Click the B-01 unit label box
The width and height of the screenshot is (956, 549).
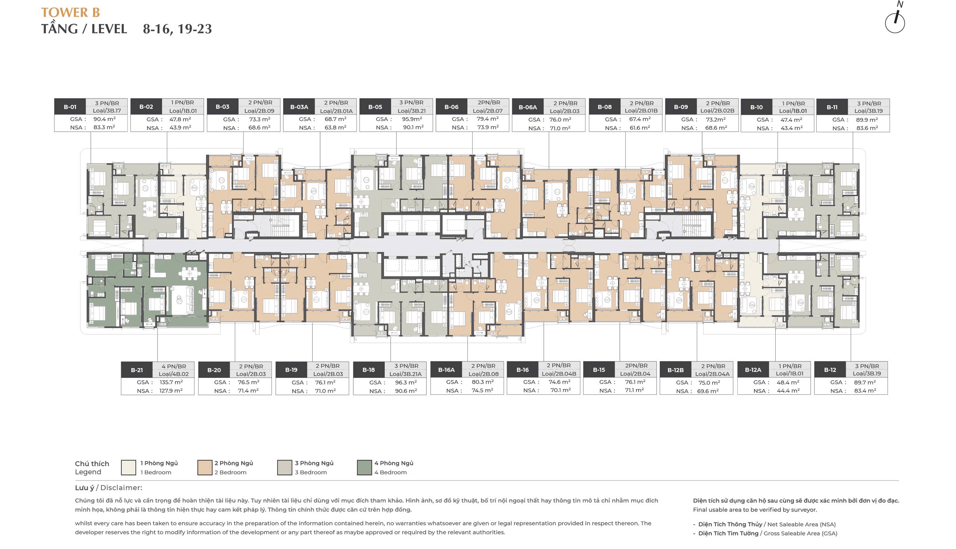[70, 107]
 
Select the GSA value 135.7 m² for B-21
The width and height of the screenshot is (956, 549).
[171, 382]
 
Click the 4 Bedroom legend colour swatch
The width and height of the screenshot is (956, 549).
[364, 468]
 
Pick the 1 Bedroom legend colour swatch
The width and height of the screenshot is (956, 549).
[128, 468]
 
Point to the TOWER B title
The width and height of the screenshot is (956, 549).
[71, 12]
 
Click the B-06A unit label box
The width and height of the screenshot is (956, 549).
[527, 107]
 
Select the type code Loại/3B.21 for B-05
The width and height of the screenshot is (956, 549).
[411, 111]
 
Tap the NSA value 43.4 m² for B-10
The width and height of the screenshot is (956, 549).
[791, 128]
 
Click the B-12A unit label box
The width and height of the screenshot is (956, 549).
[753, 370]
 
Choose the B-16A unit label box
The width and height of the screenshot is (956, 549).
[446, 370]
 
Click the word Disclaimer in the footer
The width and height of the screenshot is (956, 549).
[121, 488]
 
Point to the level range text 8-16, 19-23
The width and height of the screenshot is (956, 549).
[177, 29]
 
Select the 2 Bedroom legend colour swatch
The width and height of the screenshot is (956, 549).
[205, 468]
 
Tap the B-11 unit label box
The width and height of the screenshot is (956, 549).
[832, 107]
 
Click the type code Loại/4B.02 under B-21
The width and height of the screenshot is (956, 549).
[173, 374]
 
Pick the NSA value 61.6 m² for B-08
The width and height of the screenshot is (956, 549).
[640, 128]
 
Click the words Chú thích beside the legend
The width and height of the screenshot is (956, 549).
[91, 464]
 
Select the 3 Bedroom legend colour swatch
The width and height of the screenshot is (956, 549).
[285, 468]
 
